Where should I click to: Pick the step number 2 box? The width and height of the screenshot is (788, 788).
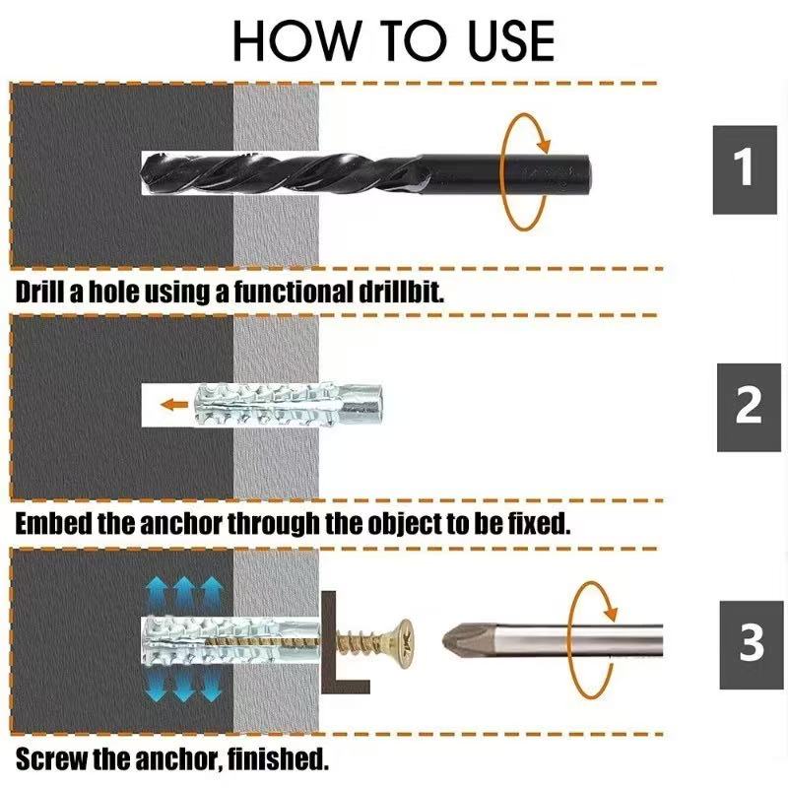click(x=750, y=406)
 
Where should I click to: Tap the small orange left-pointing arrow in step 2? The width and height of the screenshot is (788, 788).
click(x=175, y=403)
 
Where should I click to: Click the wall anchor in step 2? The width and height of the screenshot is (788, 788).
click(x=295, y=403)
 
